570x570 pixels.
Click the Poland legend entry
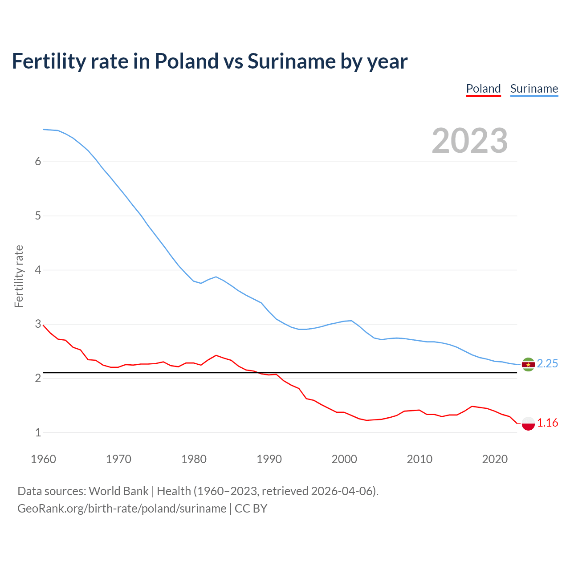pos(483,89)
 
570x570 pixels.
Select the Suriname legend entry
pos(534,89)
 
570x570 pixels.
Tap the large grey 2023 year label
pos(470,141)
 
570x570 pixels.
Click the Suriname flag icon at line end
pos(528,364)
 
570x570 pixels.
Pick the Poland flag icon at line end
pos(528,423)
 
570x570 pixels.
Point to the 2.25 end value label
pos(547,364)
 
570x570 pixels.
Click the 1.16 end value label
pos(547,423)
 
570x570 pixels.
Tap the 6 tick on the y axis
pos(38,162)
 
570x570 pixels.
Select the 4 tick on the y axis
pos(38,270)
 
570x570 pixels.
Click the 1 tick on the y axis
pos(38,433)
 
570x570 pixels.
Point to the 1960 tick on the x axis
pos(43,459)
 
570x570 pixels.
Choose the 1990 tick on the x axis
pos(269,459)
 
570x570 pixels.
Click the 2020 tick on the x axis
pos(495,459)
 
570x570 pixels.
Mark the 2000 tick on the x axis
pos(344,459)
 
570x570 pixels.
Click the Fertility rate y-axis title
pos(19,276)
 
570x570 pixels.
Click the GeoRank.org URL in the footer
pos(122,509)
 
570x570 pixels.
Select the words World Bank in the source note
pos(118,491)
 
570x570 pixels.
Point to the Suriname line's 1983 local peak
pos(216,277)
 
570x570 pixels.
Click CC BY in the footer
pos(251,509)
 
